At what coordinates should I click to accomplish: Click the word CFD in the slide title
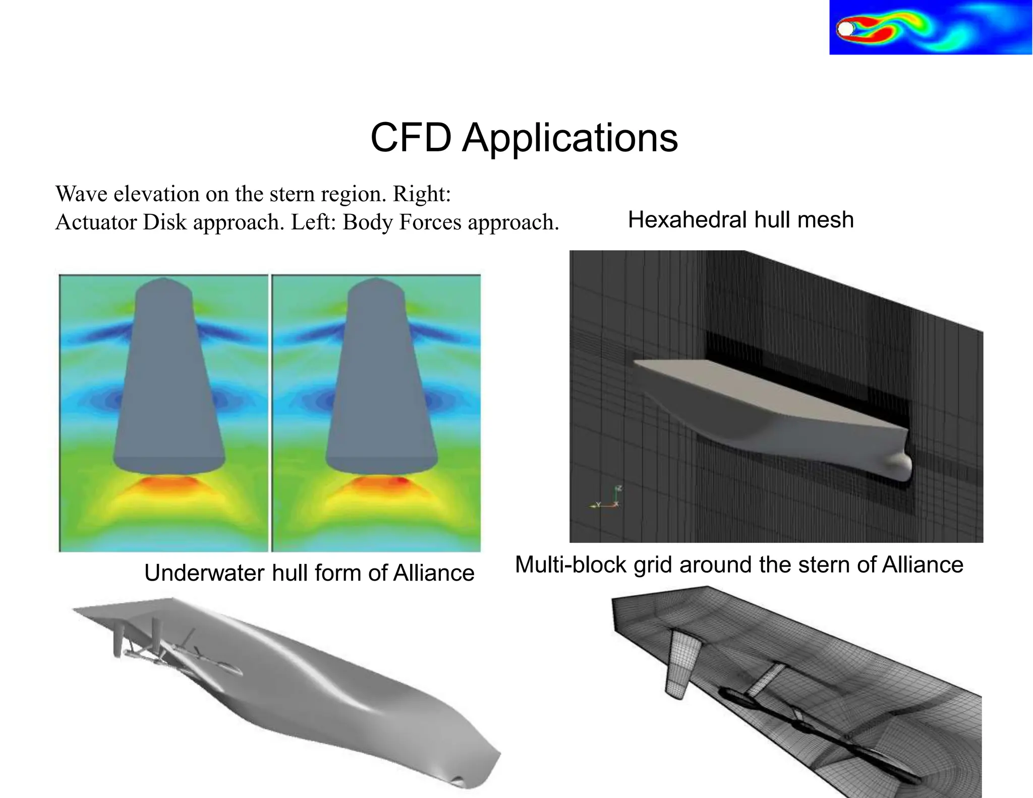coord(411,138)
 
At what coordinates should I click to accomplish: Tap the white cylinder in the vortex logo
coord(844,29)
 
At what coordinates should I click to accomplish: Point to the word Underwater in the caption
coord(204,574)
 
